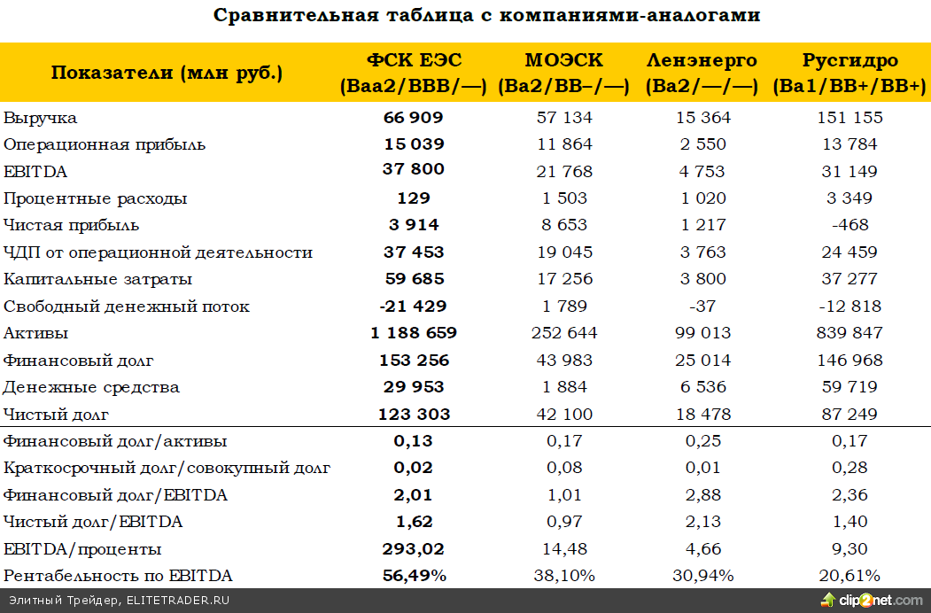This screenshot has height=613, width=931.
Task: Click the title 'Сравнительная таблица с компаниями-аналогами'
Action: click(x=487, y=16)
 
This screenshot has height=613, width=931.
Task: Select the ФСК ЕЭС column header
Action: click(x=414, y=73)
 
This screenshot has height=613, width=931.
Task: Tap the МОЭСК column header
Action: click(x=564, y=73)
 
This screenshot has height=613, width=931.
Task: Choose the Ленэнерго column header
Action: click(x=702, y=73)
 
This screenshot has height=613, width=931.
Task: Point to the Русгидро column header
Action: click(x=850, y=73)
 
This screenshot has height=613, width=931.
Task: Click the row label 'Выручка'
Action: click(x=41, y=118)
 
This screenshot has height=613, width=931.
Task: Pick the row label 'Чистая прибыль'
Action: click(x=72, y=226)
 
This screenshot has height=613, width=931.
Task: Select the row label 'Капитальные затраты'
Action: click(x=98, y=280)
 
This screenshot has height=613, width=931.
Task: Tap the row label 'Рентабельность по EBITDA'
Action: click(x=119, y=577)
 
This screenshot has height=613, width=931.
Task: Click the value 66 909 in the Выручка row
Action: click(x=414, y=118)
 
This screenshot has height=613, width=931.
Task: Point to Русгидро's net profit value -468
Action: click(x=850, y=226)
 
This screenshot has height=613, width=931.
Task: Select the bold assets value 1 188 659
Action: click(x=414, y=334)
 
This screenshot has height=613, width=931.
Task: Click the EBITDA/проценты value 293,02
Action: click(x=414, y=549)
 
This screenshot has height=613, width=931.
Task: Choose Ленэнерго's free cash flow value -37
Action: click(x=702, y=307)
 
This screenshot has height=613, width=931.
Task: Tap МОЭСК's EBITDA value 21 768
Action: click(x=564, y=171)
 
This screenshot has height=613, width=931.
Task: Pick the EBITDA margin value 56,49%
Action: click(x=414, y=577)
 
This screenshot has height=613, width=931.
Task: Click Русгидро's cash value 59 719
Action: click(x=850, y=387)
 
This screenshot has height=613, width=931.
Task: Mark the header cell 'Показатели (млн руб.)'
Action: click(x=167, y=73)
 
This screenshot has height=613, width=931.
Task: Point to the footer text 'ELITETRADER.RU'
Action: click(x=179, y=601)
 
